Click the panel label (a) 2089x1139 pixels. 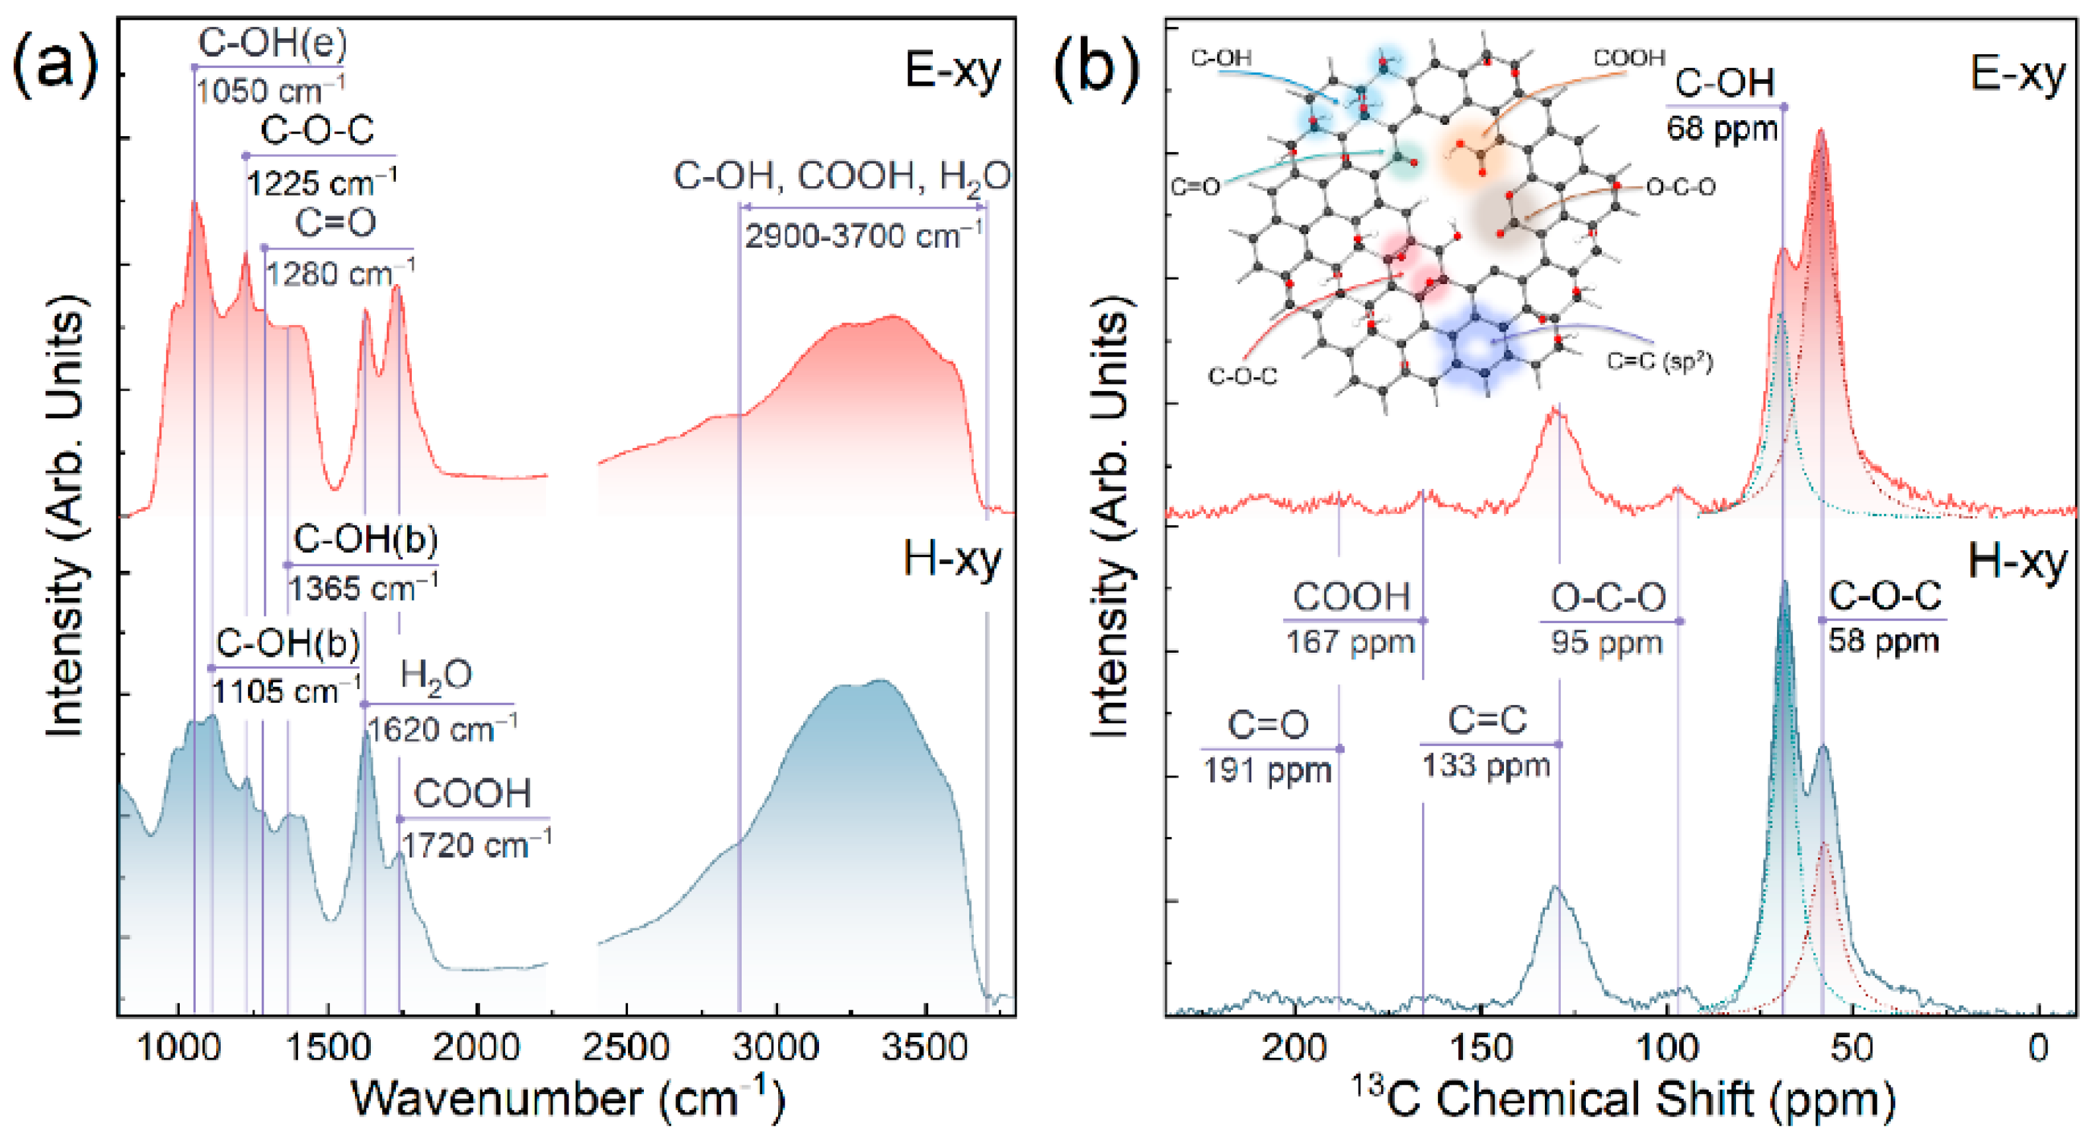coord(55,68)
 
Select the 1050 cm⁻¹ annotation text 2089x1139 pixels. coord(270,91)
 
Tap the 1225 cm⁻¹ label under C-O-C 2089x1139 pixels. coord(321,183)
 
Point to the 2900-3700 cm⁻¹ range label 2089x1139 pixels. coord(863,236)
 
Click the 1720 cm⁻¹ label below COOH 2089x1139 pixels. coord(475,846)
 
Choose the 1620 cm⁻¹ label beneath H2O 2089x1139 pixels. coord(440,729)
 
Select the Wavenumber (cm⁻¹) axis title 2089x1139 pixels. coord(568,1099)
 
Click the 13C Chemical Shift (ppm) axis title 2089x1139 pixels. coord(1622,1099)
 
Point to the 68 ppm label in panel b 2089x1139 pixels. coord(1721,129)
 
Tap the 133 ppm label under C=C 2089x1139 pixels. coord(1485,765)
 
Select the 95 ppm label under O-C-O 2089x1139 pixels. coord(1606,643)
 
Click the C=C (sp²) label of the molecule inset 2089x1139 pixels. coord(1659,361)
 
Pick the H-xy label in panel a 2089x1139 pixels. coord(952,560)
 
